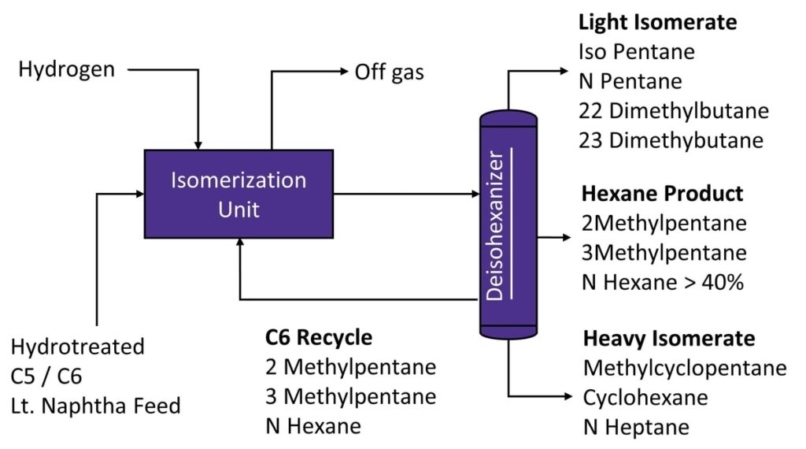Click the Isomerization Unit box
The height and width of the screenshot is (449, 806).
coord(239,194)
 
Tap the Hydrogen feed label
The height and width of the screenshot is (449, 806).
coord(67,69)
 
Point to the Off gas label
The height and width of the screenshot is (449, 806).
coord(389,72)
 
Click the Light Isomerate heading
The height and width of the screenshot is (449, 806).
coord(657,22)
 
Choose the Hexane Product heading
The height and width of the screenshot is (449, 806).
coord(662,193)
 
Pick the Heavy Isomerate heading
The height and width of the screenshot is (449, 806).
coord(669,339)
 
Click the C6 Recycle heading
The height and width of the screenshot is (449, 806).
coord(319,337)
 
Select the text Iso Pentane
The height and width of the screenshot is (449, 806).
coord(637,52)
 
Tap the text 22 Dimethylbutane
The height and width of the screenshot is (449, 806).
coord(673,110)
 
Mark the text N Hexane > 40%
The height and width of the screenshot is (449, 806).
coord(663,282)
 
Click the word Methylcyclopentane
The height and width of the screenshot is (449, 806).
coord(685,368)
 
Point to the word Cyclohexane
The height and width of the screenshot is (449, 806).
coord(645,397)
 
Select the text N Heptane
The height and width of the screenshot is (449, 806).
coord(636,427)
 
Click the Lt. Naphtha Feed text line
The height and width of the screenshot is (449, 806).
coord(96,406)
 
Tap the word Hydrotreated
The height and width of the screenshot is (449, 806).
coord(78,347)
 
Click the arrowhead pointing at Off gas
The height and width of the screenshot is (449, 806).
coord(342,72)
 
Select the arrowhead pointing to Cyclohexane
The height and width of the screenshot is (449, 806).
coord(564,396)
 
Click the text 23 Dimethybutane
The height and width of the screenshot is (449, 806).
coord(673,140)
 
